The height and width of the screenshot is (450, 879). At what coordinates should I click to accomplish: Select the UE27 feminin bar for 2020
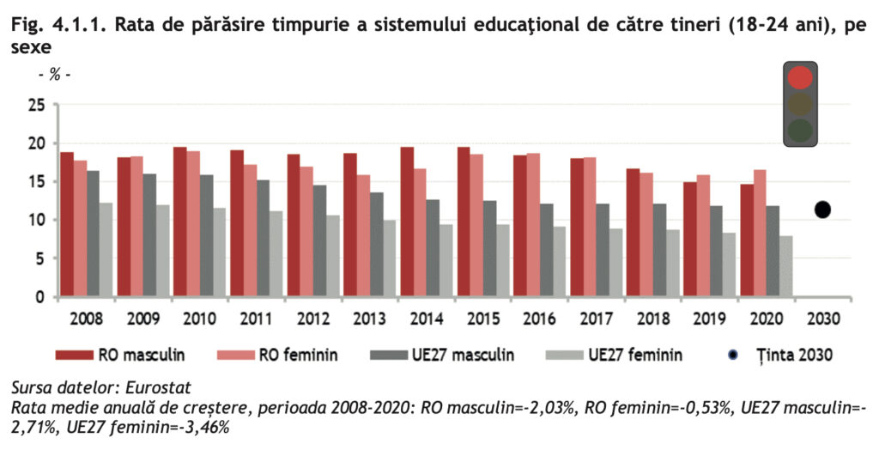click(785, 266)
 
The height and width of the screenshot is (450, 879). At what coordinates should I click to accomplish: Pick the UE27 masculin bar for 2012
click(320, 241)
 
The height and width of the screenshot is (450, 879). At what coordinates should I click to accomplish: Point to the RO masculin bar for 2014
click(407, 222)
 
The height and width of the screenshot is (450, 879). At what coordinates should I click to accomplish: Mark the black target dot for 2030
click(822, 210)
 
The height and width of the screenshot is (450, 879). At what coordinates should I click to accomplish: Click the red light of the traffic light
click(800, 77)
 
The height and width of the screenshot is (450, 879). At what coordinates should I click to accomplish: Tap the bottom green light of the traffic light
click(800, 131)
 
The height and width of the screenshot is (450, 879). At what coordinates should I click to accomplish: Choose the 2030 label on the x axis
click(822, 319)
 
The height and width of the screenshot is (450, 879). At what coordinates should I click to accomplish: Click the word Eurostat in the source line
click(162, 386)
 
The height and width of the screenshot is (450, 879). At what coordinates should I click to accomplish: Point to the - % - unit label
click(53, 75)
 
